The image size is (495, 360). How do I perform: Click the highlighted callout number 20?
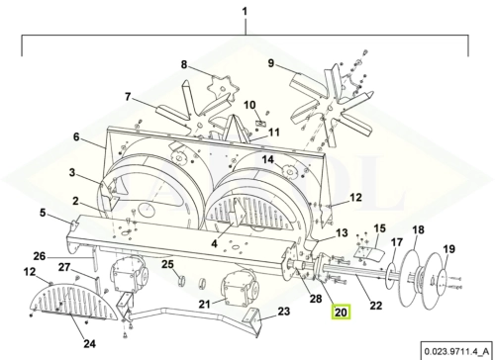point(341,312)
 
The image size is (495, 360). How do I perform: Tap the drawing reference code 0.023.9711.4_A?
point(457,351)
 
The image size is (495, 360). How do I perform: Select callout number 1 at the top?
point(245,12)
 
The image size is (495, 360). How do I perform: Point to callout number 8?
point(184,64)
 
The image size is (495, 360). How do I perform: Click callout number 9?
point(271,63)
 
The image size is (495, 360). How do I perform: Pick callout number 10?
point(250,105)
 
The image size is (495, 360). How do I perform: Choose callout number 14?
point(268,159)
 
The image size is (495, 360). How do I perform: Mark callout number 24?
point(89,344)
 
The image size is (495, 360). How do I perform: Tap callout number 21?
point(205,304)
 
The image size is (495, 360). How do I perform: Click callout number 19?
point(449,249)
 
